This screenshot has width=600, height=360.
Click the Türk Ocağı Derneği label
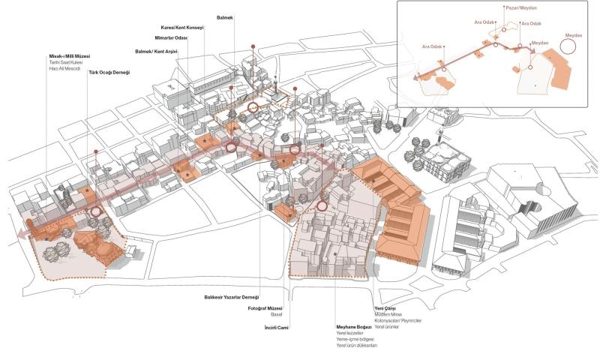point(109,72)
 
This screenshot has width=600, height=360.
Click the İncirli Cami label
point(276,328)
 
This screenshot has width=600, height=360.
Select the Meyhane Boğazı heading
point(355,327)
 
